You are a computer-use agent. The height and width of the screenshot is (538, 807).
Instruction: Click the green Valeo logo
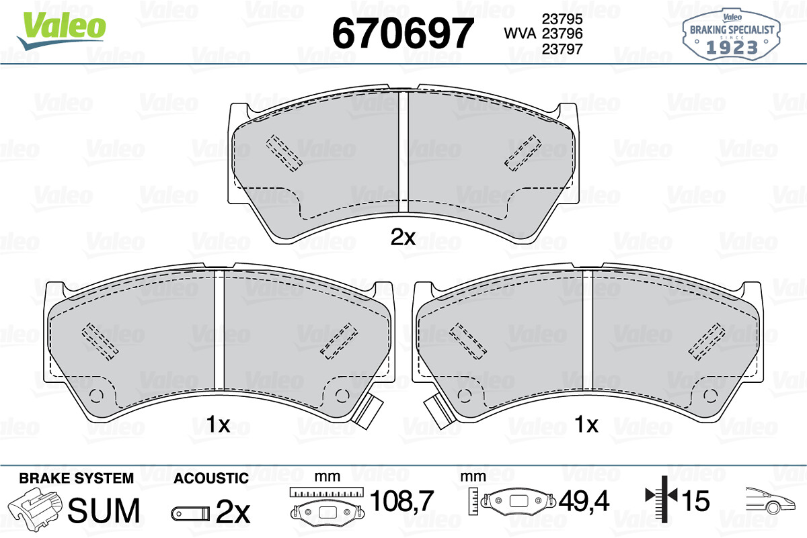pos(62,30)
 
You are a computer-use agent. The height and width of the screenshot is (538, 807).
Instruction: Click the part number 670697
pos(402,33)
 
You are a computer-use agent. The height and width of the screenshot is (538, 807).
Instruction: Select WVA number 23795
pos(562,19)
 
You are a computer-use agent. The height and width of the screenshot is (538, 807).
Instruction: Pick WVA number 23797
pos(562,49)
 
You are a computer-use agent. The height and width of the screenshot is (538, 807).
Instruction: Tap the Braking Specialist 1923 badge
pos(731,34)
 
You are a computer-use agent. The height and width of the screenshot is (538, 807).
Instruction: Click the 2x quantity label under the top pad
pos(403,237)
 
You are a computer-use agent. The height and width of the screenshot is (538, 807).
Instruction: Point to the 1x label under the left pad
pos(218,424)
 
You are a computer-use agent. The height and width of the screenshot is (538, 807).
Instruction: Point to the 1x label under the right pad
pos(586,424)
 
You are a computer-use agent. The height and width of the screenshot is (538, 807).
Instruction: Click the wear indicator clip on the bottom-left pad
pos(367,411)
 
